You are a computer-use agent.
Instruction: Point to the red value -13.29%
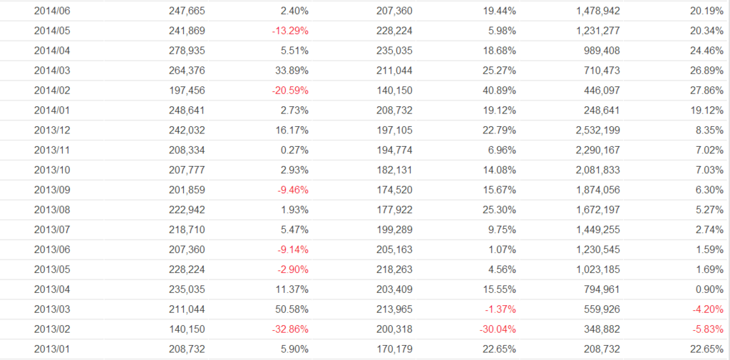click(x=289, y=31)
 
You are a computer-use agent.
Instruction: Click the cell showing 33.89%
click(x=292, y=71)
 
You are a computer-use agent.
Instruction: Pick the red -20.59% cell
click(x=289, y=91)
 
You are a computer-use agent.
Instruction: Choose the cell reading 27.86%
click(x=707, y=91)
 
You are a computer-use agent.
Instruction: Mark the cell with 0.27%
click(x=294, y=150)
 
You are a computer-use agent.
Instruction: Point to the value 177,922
click(x=394, y=210)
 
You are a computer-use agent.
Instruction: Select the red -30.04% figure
click(x=497, y=329)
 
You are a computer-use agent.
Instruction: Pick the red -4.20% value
click(x=707, y=309)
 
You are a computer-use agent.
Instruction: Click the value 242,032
click(x=185, y=130)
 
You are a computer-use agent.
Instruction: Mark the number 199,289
click(x=394, y=230)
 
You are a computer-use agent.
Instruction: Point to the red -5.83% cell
click(x=707, y=329)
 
